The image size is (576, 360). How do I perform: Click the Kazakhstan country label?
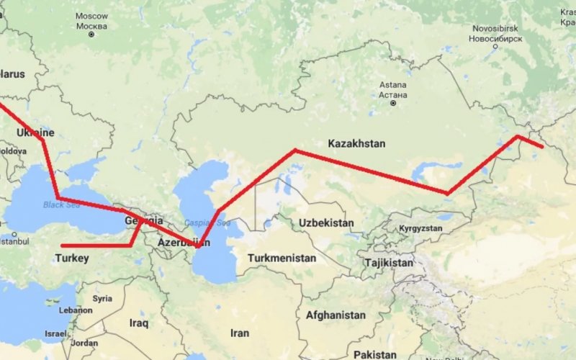[x=356, y=143]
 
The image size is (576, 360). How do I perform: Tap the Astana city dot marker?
[x=393, y=103]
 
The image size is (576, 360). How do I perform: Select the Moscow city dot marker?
[x=91, y=33]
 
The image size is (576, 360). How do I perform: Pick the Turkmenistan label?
[x=282, y=258]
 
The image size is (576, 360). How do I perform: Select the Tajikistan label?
[x=389, y=263]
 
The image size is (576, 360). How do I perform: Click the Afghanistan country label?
[x=336, y=315]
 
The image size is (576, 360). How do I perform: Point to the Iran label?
[x=239, y=333]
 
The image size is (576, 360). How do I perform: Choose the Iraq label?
[x=138, y=323]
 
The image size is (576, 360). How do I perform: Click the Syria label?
[x=102, y=298]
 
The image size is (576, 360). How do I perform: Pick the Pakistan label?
[x=374, y=354]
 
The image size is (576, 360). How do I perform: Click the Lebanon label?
[x=76, y=310]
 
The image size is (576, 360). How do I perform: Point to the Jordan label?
[x=85, y=343]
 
